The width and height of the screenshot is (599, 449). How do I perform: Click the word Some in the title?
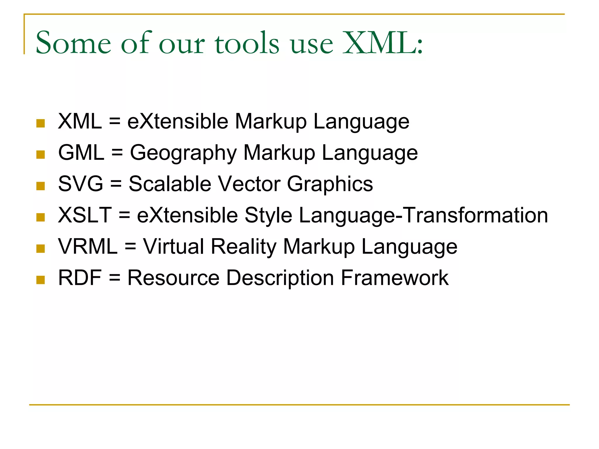[73, 43]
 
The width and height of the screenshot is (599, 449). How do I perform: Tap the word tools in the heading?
[247, 43]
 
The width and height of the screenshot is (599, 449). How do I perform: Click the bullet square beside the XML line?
[40, 123]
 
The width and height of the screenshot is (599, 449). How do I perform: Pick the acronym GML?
[81, 152]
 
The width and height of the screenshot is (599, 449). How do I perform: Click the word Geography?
[183, 153]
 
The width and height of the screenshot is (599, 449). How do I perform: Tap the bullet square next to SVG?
[40, 186]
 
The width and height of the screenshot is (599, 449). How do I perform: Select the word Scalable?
[170, 184]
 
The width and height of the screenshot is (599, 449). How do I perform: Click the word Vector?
[249, 184]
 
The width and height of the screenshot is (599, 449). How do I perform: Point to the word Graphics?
[330, 184]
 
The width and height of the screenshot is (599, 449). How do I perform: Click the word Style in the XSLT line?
[268, 216]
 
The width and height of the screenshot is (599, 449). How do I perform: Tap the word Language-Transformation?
[423, 216]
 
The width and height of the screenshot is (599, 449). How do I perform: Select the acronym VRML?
[88, 246]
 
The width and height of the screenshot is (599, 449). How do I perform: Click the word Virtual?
[173, 246]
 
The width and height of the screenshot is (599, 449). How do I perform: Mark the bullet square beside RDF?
[40, 280]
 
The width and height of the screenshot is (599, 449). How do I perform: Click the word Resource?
[173, 278]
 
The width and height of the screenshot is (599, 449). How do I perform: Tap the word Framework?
[395, 278]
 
